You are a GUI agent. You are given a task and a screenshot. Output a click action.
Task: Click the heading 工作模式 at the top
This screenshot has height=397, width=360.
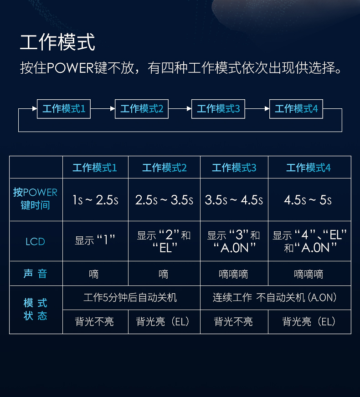[57, 42]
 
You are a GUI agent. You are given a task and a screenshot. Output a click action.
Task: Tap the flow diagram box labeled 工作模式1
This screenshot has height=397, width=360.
[64, 109]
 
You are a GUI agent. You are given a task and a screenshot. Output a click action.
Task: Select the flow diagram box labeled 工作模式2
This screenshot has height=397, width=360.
[142, 109]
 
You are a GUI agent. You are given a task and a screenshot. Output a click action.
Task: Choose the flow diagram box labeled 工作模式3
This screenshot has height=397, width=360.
[218, 109]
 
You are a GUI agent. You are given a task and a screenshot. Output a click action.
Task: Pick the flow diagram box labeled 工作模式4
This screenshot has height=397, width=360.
[296, 109]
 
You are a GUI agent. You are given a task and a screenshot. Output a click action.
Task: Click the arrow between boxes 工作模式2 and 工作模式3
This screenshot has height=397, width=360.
[180, 109]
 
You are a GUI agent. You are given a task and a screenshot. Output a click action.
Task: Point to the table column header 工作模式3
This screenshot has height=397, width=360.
[234, 168]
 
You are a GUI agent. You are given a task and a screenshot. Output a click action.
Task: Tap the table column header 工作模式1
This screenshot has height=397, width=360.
[95, 168]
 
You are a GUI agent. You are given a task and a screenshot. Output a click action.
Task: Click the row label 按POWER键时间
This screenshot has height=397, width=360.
[35, 199]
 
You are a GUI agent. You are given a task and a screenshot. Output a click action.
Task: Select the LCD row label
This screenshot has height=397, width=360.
[35, 242]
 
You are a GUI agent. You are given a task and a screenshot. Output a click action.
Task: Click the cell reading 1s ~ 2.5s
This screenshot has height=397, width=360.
[96, 200]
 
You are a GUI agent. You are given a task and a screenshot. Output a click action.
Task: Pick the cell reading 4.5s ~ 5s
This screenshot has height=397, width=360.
[308, 200]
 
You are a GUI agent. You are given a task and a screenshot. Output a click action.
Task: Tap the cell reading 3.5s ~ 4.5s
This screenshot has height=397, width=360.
[234, 200]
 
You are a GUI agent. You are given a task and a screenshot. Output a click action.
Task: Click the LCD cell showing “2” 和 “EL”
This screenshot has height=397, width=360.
[164, 241]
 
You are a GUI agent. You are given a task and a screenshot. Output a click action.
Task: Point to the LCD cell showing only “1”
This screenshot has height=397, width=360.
[95, 240]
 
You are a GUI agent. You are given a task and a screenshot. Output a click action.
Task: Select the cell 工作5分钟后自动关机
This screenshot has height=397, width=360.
[130, 297]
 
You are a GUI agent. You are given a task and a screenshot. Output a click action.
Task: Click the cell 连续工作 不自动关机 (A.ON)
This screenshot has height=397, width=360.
[275, 297]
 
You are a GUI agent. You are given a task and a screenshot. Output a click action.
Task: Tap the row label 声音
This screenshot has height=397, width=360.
[35, 274]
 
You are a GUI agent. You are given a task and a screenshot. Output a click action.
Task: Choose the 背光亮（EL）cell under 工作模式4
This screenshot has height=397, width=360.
[309, 321]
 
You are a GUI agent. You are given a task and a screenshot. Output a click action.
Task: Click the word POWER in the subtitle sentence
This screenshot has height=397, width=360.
[71, 68]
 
